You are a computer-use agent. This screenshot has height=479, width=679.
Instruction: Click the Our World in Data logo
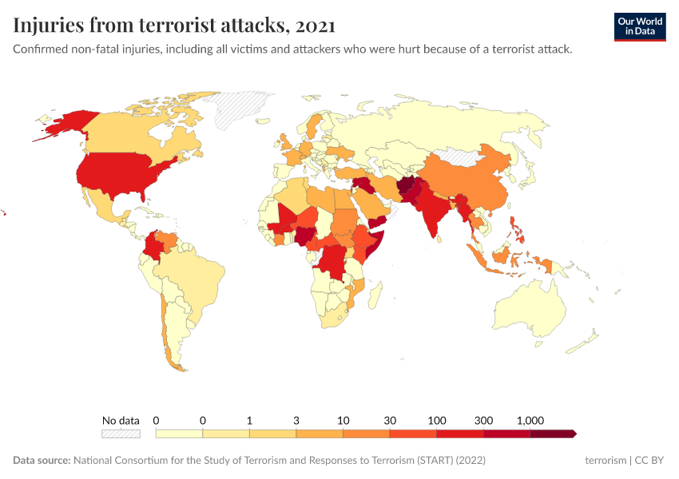[639, 26]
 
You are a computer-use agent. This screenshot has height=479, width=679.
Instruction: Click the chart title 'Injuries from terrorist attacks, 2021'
[174, 26]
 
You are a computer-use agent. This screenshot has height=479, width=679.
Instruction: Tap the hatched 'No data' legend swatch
[121, 433]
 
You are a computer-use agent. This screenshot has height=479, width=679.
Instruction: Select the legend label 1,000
[530, 420]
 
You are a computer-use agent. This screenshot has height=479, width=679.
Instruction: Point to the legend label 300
[484, 420]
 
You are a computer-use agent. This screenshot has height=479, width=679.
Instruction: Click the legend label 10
[343, 420]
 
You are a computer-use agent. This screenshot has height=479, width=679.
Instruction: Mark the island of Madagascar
[372, 295]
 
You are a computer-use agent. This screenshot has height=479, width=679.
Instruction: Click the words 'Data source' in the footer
[42, 461]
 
